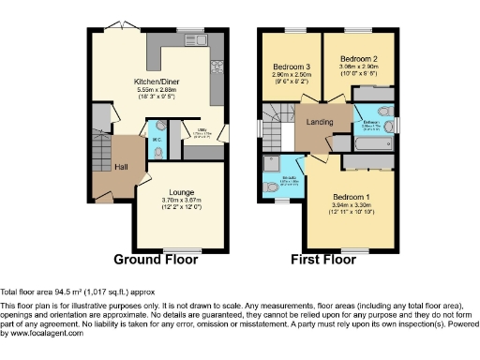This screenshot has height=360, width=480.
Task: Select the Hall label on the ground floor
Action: click(121, 167)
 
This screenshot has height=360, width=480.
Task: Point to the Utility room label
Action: click(214, 134)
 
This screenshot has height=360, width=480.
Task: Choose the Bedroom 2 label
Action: click(358, 59)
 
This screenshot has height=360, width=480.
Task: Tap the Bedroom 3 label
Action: click(292, 67)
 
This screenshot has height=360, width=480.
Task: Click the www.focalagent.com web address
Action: click(43, 333)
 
